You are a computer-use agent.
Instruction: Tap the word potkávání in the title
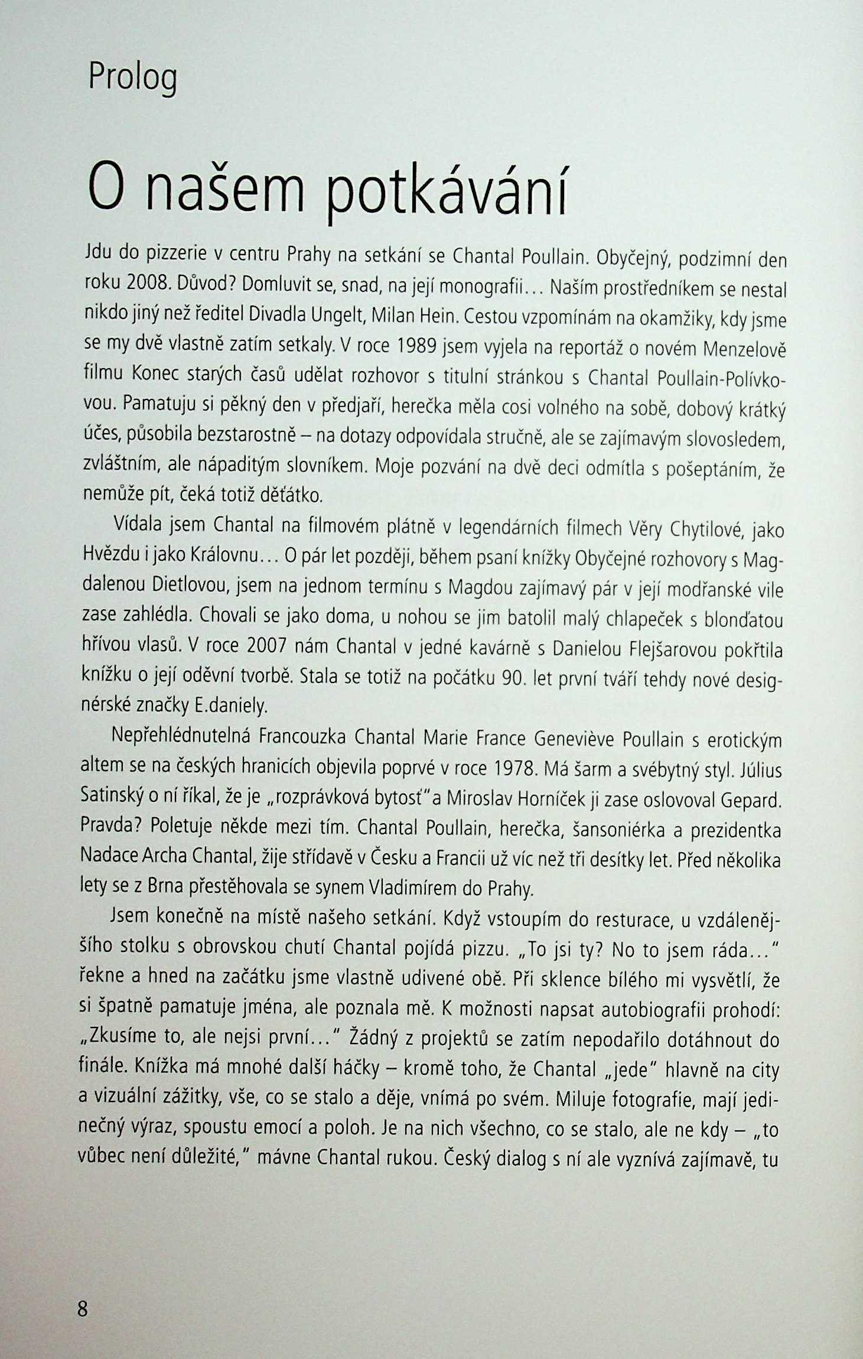pyautogui.click(x=447, y=191)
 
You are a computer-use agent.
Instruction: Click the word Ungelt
pyautogui.click(x=338, y=315)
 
